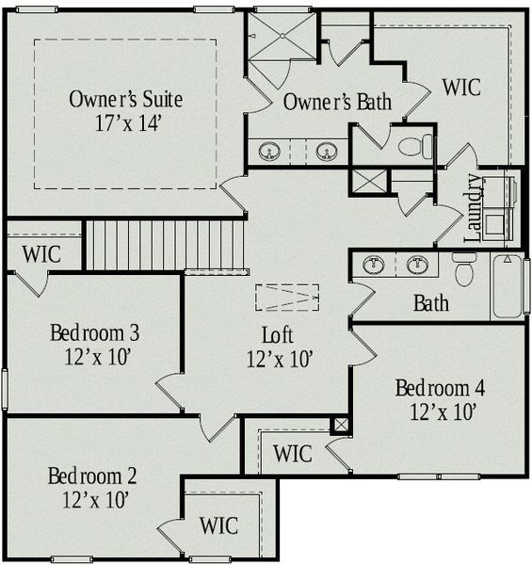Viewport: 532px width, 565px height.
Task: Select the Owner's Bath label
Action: click(x=337, y=102)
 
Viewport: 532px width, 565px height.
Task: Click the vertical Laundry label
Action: click(x=474, y=207)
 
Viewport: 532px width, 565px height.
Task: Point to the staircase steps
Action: click(x=165, y=245)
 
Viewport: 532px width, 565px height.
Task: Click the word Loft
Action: click(x=279, y=335)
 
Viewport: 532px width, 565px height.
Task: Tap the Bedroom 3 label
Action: click(x=95, y=332)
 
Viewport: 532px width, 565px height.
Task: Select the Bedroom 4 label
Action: click(x=440, y=388)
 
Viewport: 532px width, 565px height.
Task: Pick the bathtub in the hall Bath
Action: click(x=508, y=285)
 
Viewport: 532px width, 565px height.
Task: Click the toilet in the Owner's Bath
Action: click(x=415, y=147)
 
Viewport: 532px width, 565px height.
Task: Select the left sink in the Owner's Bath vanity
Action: click(x=270, y=151)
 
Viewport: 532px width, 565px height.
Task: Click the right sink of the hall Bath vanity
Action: click(x=417, y=265)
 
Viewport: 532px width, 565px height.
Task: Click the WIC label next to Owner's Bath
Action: click(x=461, y=88)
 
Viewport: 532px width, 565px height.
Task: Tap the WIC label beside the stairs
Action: click(x=41, y=254)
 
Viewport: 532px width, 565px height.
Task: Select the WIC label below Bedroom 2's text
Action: click(x=218, y=525)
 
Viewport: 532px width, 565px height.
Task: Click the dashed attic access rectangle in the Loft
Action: click(x=288, y=297)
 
